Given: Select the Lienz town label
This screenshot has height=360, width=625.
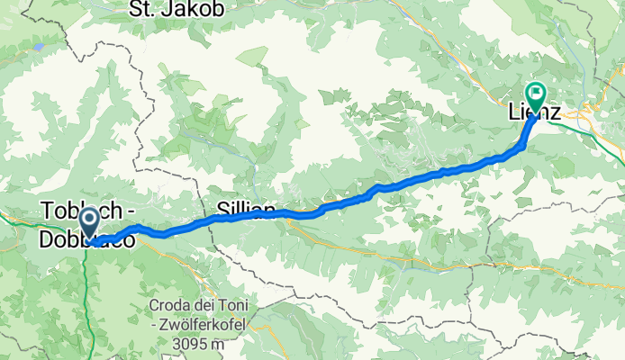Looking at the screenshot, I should coord(531,114).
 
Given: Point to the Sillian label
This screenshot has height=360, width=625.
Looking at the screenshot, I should coord(246,211).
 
